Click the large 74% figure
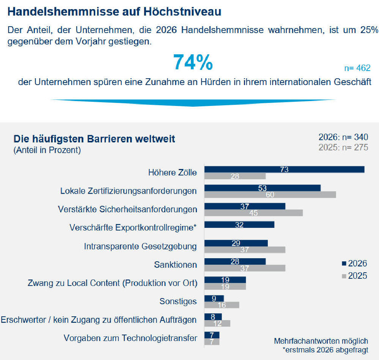[x=193, y=63]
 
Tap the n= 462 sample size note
[x=357, y=68]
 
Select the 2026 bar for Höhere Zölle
[x=284, y=169]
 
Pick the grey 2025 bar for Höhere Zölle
[x=235, y=176]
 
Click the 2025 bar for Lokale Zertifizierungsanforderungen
[x=270, y=195]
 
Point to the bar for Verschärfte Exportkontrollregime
[x=239, y=224]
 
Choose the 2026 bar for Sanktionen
[x=235, y=261]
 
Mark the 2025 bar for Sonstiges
[x=222, y=305]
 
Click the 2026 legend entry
[x=354, y=264]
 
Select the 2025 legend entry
[x=354, y=276]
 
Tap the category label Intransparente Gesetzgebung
[x=140, y=246]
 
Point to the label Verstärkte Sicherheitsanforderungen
[x=127, y=209]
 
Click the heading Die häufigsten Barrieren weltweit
[x=94, y=139]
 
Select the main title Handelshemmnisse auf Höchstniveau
[x=115, y=11]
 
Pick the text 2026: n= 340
[x=343, y=137]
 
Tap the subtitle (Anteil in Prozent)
[x=47, y=150]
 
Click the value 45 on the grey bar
[x=253, y=213]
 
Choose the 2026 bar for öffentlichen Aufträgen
[x=213, y=316]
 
